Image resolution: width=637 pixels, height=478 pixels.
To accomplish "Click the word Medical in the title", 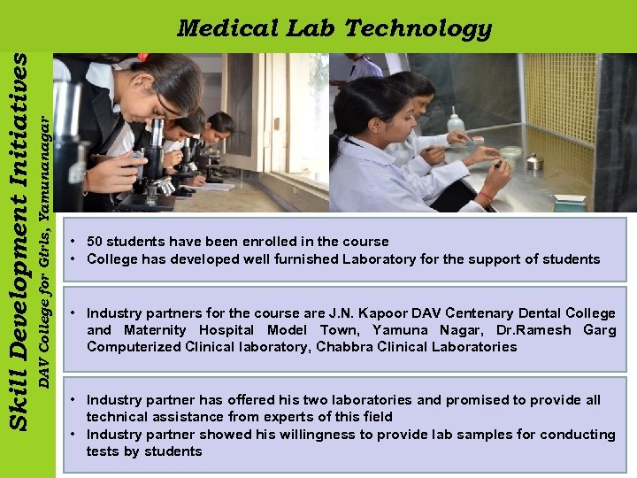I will [x=227, y=28].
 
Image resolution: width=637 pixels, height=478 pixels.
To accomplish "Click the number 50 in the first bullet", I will [x=96, y=242].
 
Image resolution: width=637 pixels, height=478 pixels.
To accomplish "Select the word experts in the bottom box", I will [x=298, y=417].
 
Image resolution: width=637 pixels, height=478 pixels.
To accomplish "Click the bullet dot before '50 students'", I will [x=76, y=242].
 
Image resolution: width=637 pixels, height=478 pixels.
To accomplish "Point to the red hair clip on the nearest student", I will [x=142, y=58].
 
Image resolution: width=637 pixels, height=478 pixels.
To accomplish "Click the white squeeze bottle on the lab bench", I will [x=455, y=121].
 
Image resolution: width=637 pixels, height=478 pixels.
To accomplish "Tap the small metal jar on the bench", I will [x=533, y=161].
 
